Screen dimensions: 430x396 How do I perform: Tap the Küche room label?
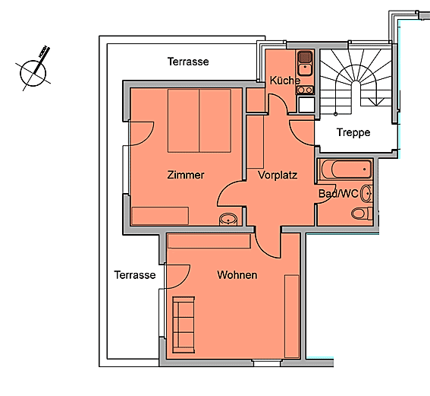pos(284,81)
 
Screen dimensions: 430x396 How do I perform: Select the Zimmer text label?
pos(186,175)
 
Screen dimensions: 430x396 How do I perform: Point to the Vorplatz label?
pos(278,175)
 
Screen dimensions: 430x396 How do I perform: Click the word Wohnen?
pos(237,275)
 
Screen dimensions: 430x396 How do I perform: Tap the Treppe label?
pos(353,132)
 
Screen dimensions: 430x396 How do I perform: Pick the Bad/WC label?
pos(338,194)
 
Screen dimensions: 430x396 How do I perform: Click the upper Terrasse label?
pos(188,62)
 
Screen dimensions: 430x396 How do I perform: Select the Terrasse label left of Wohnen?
pos(135,275)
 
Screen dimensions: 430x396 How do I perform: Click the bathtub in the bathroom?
pos(347,169)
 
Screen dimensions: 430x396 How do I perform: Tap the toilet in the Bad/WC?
pos(362,214)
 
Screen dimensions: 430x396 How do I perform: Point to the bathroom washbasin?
pos(366,194)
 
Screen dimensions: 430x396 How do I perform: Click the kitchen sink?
pos(305,63)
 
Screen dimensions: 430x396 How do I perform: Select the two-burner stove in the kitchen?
pos(305,90)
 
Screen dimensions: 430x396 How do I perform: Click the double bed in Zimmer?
pos(199,121)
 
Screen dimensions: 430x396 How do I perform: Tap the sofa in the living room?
pos(184,325)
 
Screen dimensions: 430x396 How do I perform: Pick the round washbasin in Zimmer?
pos(228,220)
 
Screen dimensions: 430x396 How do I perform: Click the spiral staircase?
pos(356,82)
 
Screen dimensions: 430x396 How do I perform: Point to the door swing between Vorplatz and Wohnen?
pos(268,243)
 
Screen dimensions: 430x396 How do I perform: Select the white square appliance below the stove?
pos(306,104)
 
